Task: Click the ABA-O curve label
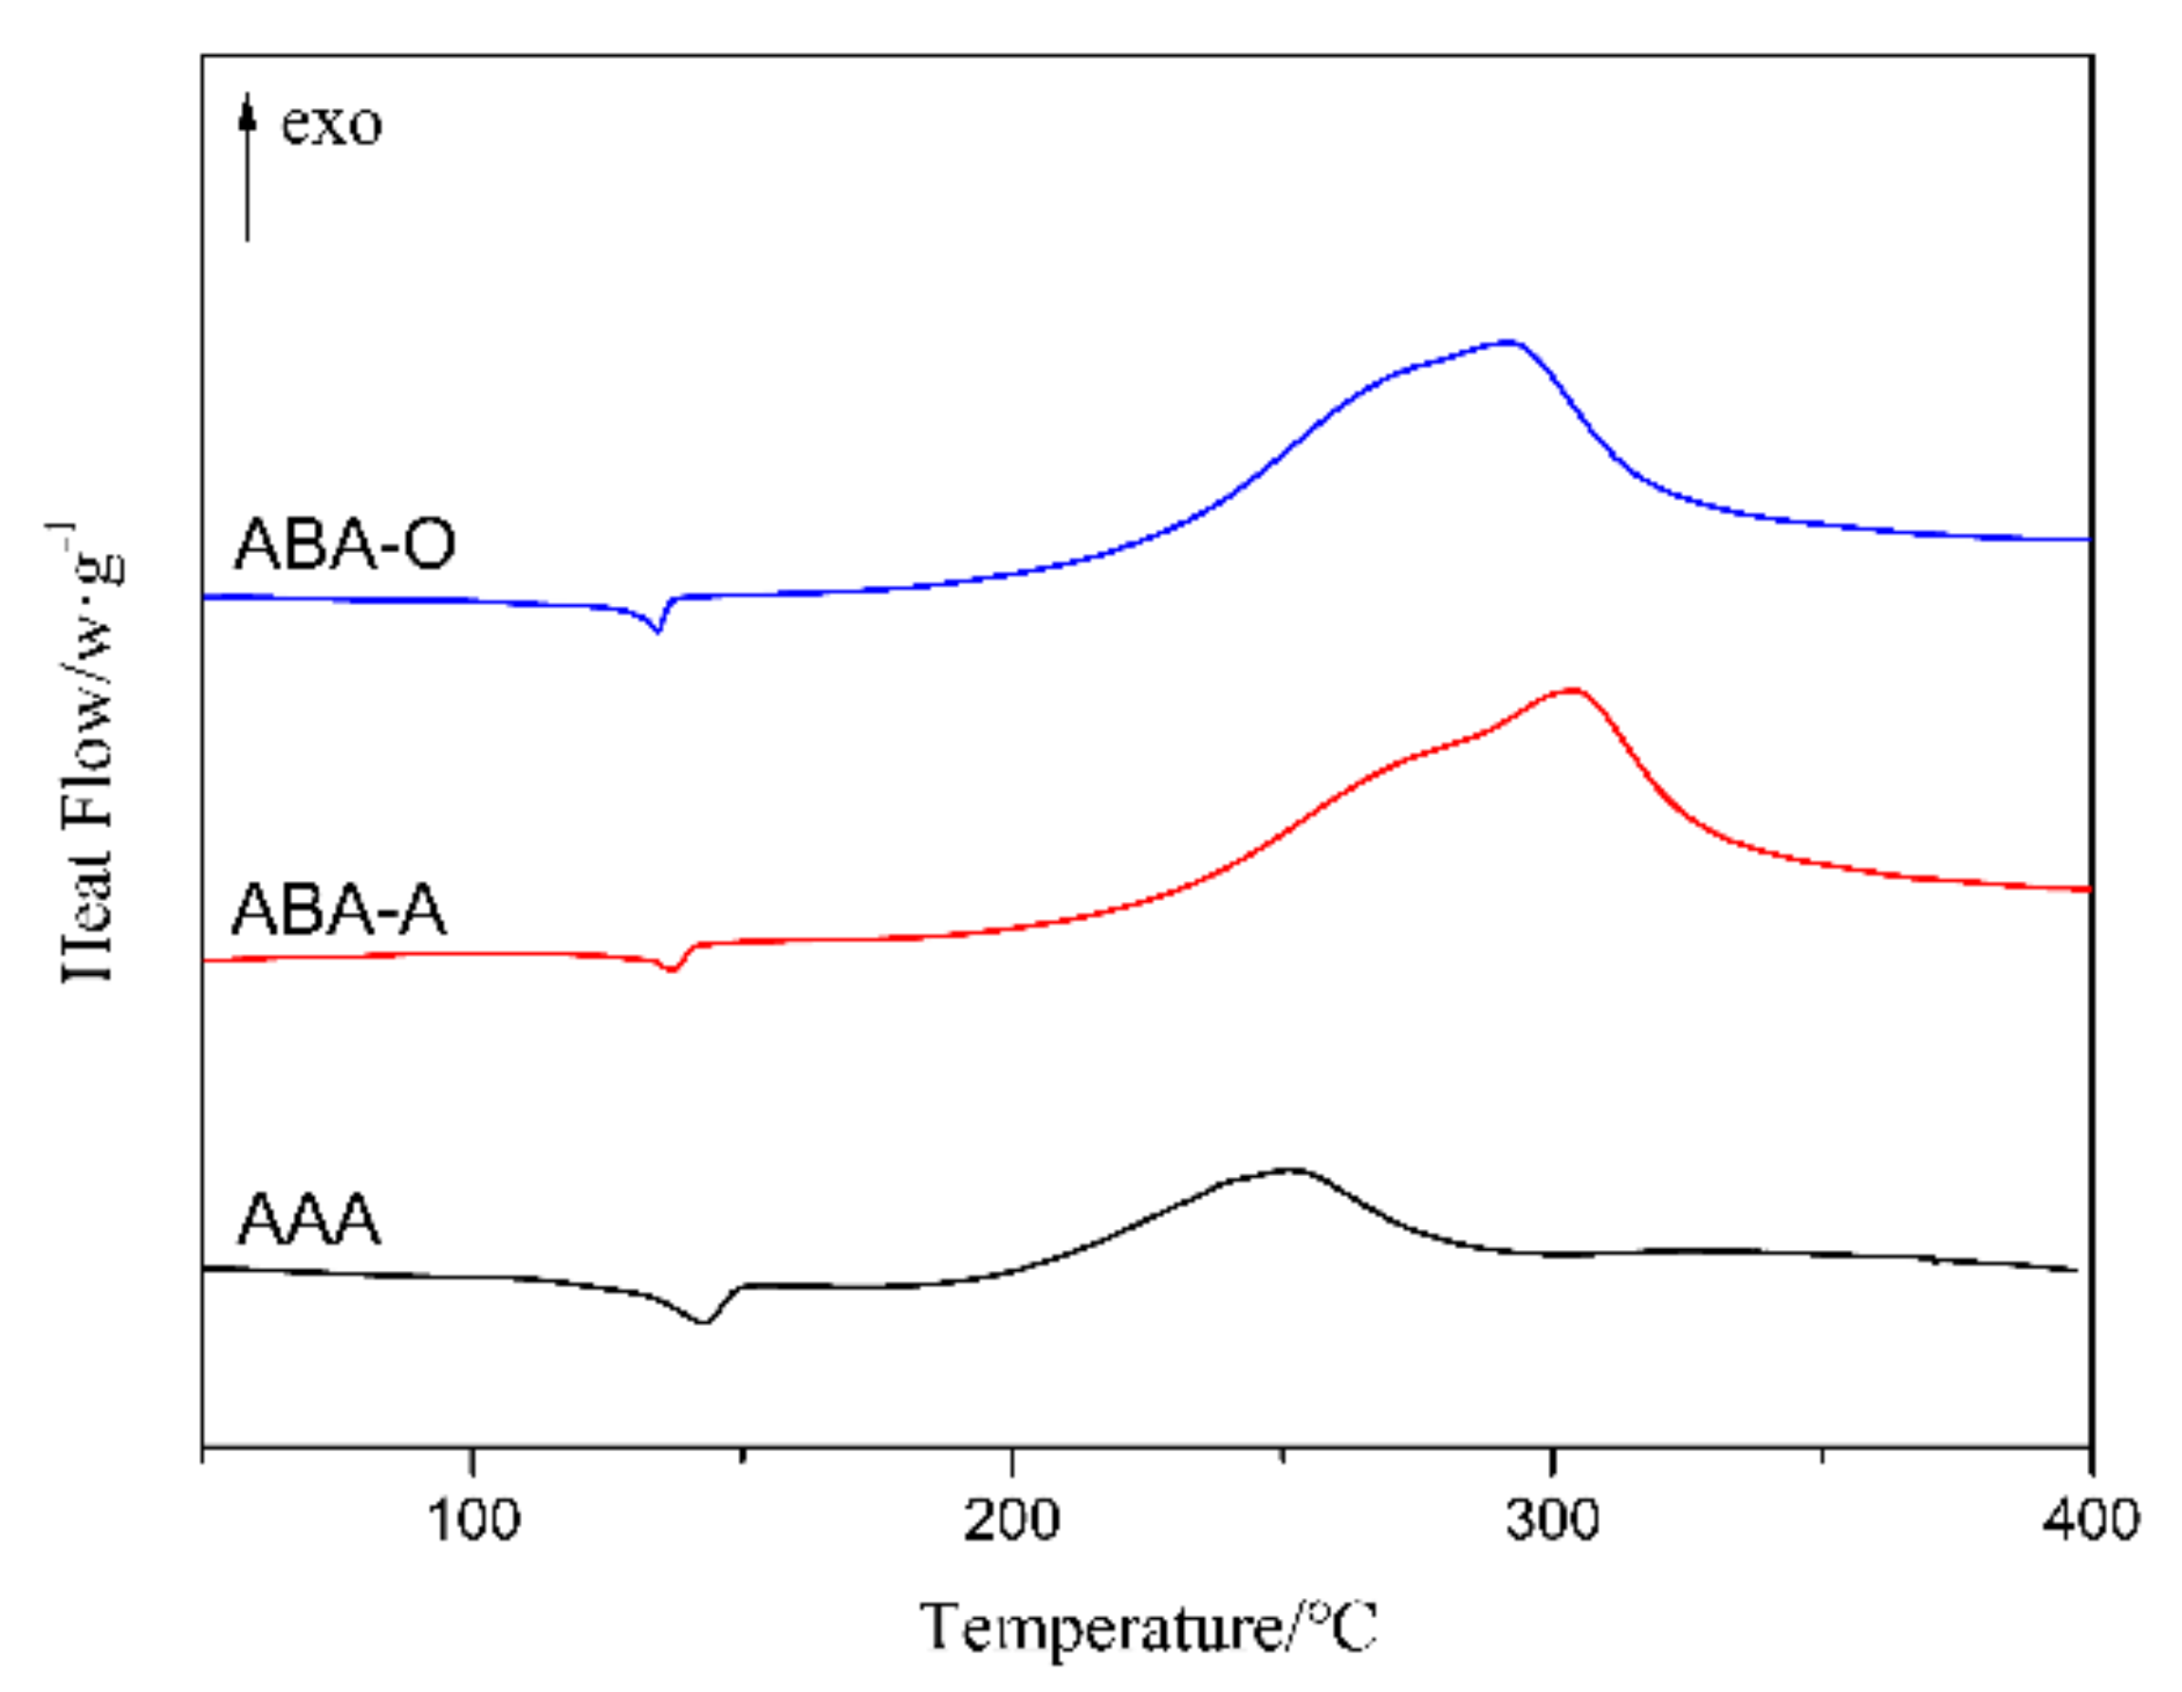344,544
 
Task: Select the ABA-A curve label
339,910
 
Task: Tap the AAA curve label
308,1220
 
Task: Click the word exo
331,125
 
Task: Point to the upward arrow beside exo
248,165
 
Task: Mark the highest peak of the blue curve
1509,342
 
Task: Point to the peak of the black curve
1292,1168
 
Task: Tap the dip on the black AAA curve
704,1322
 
